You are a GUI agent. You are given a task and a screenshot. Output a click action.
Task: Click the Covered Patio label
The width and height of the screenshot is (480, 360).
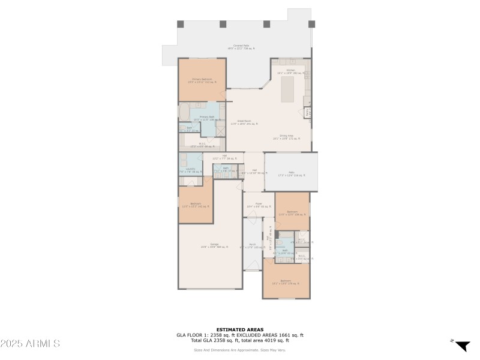pos(242,47)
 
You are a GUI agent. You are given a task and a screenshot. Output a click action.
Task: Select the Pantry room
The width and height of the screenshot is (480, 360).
pos(307,112)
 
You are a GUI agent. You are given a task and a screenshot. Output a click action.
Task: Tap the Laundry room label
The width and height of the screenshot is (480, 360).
pos(191,170)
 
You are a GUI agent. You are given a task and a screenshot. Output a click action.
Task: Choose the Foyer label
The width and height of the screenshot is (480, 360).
pos(252,205)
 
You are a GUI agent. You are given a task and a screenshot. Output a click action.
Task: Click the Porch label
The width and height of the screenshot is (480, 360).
pos(252,245)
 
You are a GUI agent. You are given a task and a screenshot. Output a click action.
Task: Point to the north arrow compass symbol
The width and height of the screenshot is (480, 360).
pos(461,346)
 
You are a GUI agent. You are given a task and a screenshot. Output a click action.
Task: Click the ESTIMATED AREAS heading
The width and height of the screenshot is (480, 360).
pos(239,329)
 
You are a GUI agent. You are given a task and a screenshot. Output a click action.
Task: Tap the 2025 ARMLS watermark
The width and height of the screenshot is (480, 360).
pos(30,344)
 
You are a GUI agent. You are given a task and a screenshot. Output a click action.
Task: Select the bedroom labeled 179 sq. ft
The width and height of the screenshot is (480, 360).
pos(286,281)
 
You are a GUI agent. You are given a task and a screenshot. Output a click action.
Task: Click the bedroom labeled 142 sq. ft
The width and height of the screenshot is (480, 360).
pos(196,205)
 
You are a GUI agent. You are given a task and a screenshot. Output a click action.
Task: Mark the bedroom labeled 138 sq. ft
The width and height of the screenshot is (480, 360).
pos(292,213)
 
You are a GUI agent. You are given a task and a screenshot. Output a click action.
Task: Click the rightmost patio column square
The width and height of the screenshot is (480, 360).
pos(311,24)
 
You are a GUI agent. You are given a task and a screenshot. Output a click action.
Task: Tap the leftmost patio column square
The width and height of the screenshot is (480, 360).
pos(180,24)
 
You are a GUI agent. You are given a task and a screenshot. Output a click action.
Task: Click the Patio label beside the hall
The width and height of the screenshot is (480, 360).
pos(291,175)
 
